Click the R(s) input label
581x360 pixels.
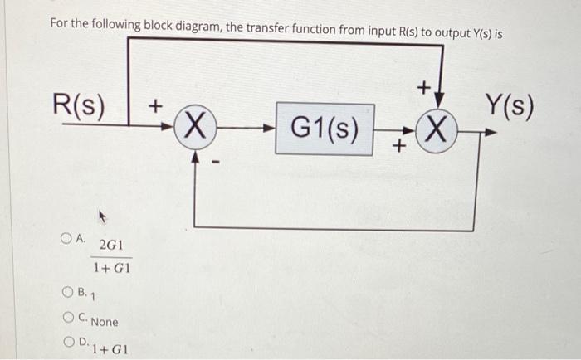[x=79, y=106]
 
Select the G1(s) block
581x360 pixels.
[x=325, y=129]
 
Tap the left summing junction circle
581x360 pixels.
[x=193, y=129]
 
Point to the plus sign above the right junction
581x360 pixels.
[x=422, y=86]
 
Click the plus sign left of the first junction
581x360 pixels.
[x=154, y=107]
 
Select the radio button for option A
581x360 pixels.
[x=65, y=238]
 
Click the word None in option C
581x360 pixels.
[x=105, y=322]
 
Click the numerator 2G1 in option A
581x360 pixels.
[x=110, y=246]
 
